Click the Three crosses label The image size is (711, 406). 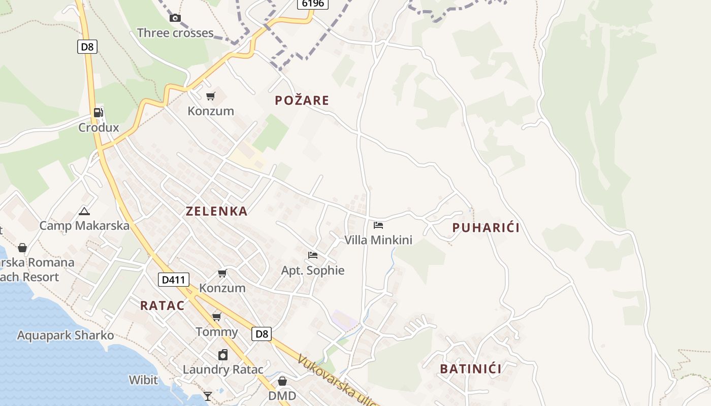coord(175,33)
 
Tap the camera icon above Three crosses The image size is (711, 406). coord(175,18)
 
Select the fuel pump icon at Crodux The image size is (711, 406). coord(99,112)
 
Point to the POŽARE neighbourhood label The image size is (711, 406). coord(302,100)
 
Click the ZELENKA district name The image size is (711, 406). coord(217,212)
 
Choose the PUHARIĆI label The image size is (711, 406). coord(486,228)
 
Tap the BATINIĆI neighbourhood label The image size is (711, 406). coord(471,369)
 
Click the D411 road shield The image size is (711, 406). coord(174,280)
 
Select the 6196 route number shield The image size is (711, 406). coord(313,4)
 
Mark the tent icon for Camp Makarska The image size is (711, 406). coord(84,211)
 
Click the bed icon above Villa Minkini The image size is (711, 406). coord(378,225)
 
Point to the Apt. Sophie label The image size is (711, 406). coord(313,270)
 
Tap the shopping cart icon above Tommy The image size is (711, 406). coord(217,317)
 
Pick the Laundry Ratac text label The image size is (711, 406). coord(223,369)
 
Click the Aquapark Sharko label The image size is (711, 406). coord(66,335)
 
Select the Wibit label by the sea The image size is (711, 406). coord(143,380)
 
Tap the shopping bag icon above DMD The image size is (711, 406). coord(282,381)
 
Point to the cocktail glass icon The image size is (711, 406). coord(208,396)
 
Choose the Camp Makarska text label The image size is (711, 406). coord(84,226)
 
